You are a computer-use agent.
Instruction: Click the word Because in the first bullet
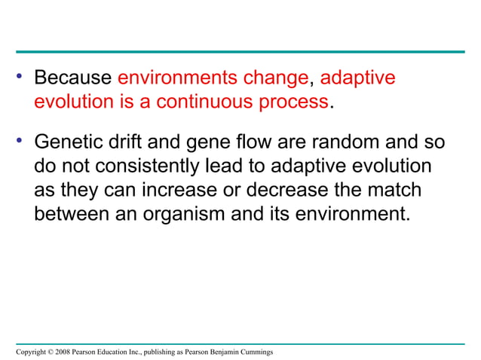pos(73,78)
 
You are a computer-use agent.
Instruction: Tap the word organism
pos(185,215)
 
